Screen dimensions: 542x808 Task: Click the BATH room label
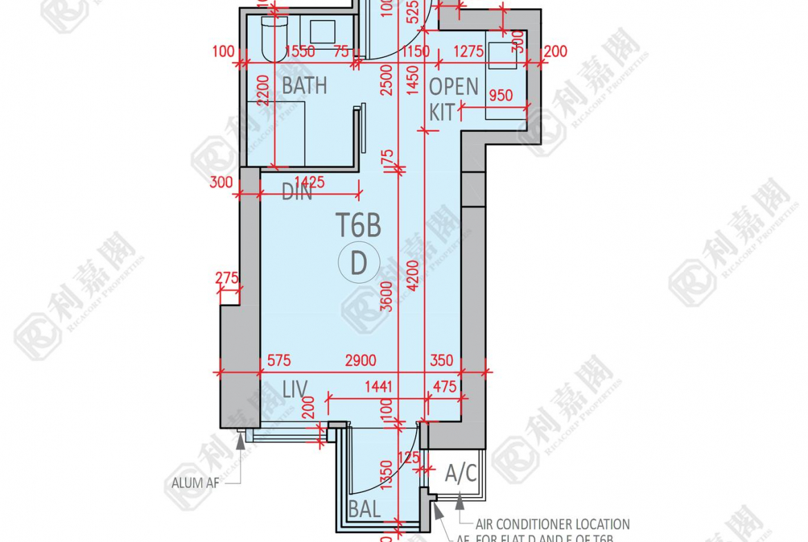point(305,86)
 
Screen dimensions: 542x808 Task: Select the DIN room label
point(297,193)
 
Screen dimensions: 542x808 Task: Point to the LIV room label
point(295,389)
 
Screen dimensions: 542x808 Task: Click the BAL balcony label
point(364,510)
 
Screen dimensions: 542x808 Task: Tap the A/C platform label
point(461,474)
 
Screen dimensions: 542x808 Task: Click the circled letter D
point(358,264)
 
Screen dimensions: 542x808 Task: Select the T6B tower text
point(358,225)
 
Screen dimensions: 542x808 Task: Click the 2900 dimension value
point(360,360)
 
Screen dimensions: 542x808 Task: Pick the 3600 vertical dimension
point(388,296)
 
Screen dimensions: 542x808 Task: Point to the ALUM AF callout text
point(195,483)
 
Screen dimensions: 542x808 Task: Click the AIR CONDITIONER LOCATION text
point(552,525)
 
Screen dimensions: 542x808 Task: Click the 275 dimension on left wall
point(227,278)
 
